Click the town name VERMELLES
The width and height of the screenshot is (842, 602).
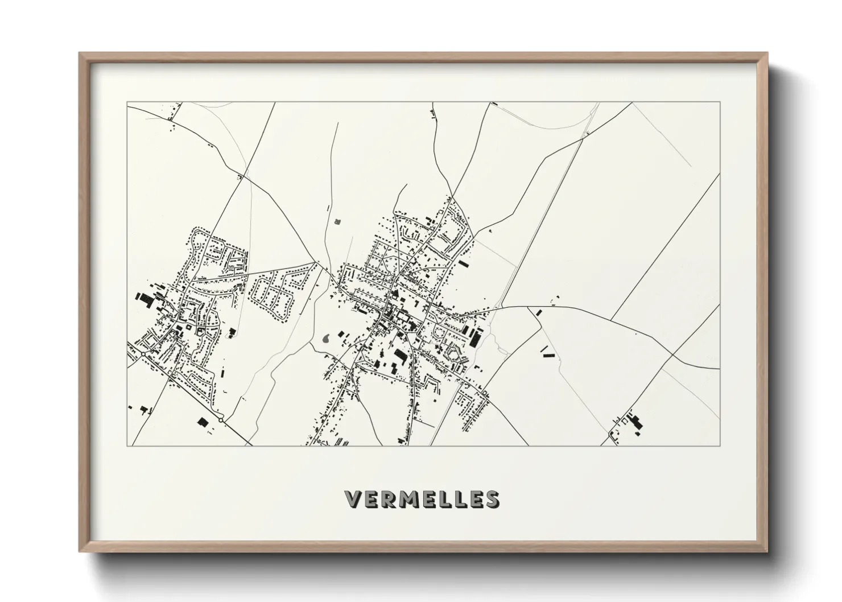422,499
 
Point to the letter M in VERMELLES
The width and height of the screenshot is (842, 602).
408,499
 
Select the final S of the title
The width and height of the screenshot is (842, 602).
493,499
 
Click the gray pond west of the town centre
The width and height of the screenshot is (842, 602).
327,339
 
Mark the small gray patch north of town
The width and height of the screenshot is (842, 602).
337,220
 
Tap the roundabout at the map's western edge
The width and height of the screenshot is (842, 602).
143,353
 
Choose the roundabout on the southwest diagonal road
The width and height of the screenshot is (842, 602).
221,420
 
